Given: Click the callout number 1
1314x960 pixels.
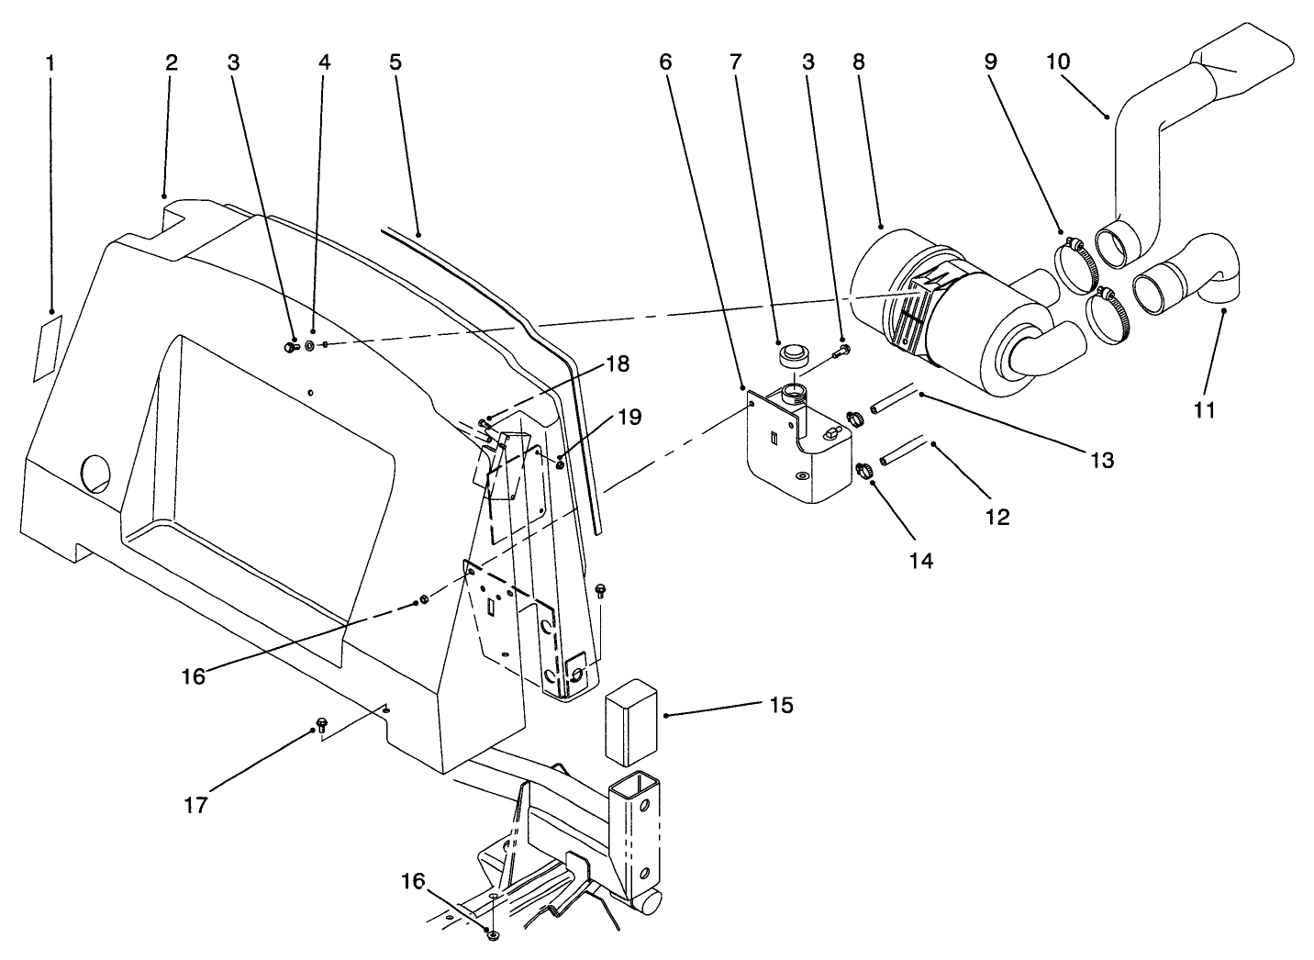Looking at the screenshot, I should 50,63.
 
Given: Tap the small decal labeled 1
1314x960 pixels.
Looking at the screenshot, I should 47,347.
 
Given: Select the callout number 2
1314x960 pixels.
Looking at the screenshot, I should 171,63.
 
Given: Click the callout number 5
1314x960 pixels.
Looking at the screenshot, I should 395,63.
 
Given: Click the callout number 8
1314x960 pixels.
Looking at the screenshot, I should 858,63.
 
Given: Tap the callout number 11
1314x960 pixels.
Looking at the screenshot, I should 1204,410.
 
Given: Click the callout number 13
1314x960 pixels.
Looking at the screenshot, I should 1102,460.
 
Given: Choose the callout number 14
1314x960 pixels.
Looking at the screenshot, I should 921,560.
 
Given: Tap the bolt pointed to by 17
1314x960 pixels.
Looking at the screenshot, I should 321,725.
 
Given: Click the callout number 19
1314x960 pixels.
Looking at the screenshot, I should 629,419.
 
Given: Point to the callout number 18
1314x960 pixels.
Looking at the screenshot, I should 618,364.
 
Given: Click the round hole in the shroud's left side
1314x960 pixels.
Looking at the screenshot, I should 95,473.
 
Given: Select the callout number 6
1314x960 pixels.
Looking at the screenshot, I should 665,63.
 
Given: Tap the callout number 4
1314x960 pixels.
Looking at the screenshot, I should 324,63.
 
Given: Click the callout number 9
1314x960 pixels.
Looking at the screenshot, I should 990,63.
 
